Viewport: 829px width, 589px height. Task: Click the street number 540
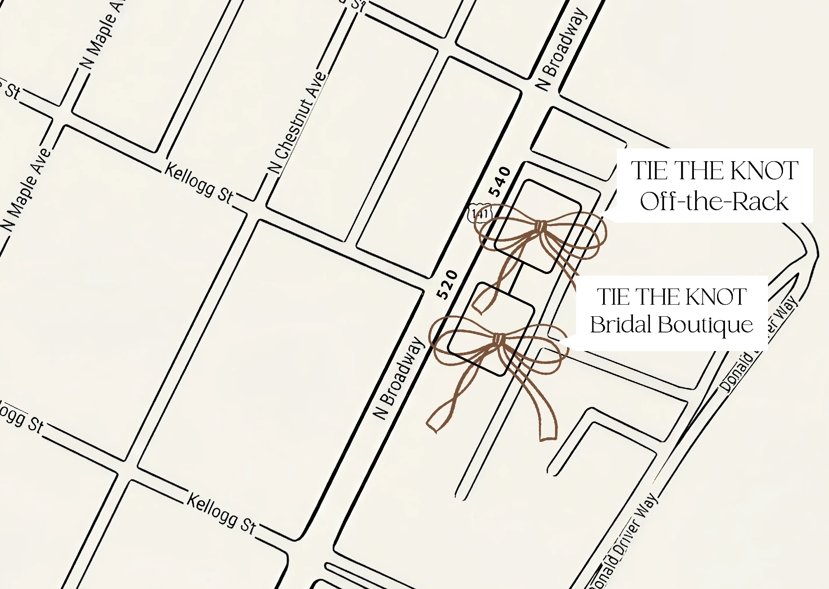[x=499, y=182]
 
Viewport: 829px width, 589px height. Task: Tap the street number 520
[x=448, y=285]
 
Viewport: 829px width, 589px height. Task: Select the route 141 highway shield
[x=480, y=213]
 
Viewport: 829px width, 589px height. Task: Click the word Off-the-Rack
[x=714, y=201]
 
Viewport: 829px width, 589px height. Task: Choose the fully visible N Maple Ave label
[x=26, y=190]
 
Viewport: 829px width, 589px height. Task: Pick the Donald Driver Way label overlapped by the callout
[x=759, y=344]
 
